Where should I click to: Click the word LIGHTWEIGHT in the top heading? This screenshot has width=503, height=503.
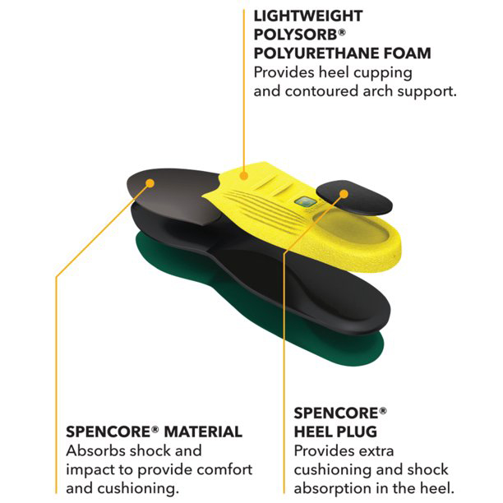point(308,16)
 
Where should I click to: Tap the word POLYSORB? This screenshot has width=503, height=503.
point(296,35)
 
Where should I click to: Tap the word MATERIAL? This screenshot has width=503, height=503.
point(203,431)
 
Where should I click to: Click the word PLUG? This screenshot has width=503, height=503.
point(357,431)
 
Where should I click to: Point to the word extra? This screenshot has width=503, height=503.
point(376,450)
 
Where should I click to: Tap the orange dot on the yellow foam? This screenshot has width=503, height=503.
point(244,176)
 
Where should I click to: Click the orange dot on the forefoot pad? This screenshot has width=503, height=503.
point(150,183)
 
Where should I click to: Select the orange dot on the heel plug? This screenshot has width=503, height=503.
point(344,194)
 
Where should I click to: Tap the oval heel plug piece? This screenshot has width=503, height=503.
point(354,197)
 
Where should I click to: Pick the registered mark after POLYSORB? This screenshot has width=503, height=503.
point(342,32)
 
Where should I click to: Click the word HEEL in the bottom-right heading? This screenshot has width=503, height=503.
point(313,431)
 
